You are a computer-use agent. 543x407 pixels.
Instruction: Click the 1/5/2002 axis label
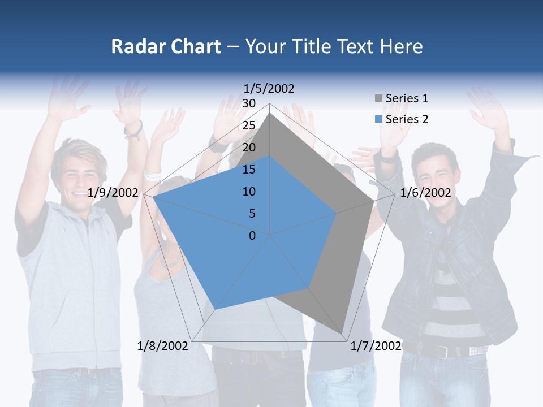pyautogui.click(x=269, y=88)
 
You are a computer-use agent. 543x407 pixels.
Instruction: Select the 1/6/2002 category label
pyautogui.click(x=425, y=193)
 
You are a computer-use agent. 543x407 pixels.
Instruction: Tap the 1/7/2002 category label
pyautogui.click(x=376, y=345)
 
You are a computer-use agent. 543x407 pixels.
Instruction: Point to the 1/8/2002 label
pyautogui.click(x=163, y=345)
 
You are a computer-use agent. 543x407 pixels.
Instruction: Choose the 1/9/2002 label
pyautogui.click(x=113, y=193)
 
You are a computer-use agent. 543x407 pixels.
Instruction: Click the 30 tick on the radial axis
pyautogui.click(x=249, y=103)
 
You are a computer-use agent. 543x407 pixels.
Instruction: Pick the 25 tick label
pyautogui.click(x=249, y=125)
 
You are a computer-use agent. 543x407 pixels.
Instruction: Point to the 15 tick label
pyautogui.click(x=249, y=170)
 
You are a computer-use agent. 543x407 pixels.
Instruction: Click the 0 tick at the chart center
pyautogui.click(x=252, y=236)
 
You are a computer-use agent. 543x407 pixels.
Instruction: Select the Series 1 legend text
pyautogui.click(x=407, y=98)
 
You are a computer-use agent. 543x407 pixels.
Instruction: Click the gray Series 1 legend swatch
pyautogui.click(x=378, y=99)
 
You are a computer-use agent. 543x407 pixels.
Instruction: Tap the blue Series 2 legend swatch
pyautogui.click(x=378, y=119)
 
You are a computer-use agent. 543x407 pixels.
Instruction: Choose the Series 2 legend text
pyautogui.click(x=407, y=119)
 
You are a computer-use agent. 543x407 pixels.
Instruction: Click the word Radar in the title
pyautogui.click(x=134, y=46)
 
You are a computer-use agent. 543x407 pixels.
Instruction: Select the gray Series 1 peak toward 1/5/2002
pyautogui.click(x=270, y=113)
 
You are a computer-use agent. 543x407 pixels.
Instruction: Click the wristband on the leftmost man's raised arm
pyautogui.click(x=134, y=131)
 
